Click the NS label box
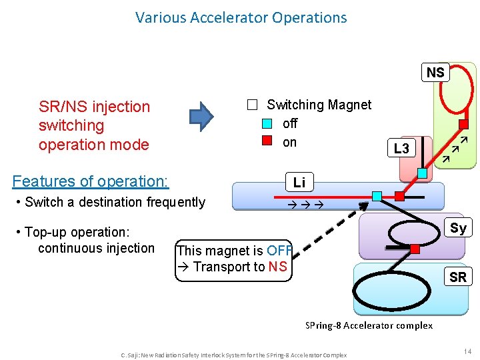pyautogui.click(x=435, y=72)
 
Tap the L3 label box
pyautogui.click(x=401, y=149)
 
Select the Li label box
pyautogui.click(x=299, y=182)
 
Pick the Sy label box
pyautogui.click(x=458, y=228)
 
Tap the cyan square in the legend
pyautogui.click(x=267, y=123)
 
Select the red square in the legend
pyautogui.click(x=267, y=141)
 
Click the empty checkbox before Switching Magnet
pyautogui.click(x=251, y=105)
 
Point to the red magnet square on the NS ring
pyautogui.click(x=463, y=124)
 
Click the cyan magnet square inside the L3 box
pyautogui.click(x=422, y=173)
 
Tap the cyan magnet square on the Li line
pyautogui.click(x=377, y=196)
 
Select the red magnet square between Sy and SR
pyautogui.click(x=415, y=249)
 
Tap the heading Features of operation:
pyautogui.click(x=91, y=181)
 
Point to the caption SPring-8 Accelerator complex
pyautogui.click(x=369, y=325)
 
